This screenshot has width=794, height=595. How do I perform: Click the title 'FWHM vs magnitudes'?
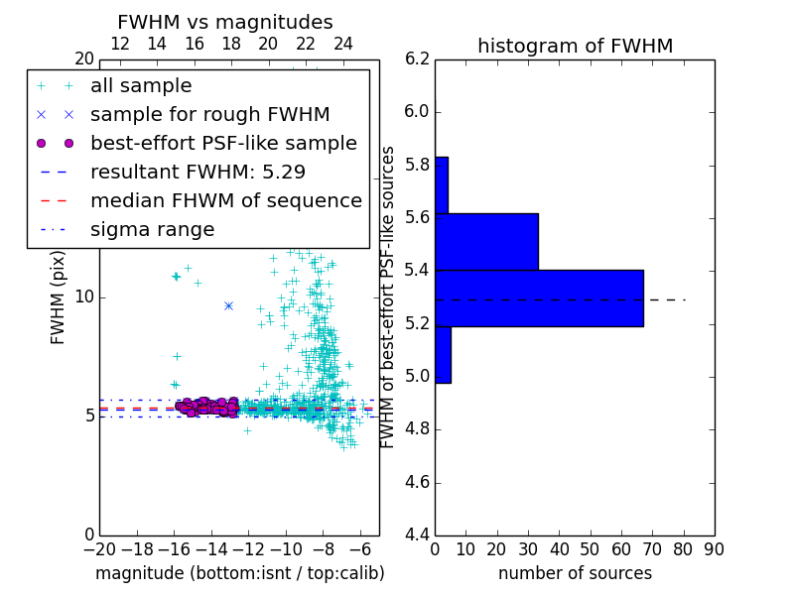point(225,23)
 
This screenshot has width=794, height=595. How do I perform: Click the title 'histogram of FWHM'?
point(575,46)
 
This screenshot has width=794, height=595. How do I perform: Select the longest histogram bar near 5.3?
point(539,297)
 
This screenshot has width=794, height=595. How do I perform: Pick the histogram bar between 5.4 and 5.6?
point(486,241)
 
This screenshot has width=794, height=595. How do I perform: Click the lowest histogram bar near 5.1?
point(443,354)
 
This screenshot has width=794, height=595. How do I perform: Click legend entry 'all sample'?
point(141,86)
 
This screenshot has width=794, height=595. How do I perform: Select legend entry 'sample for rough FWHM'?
point(209,114)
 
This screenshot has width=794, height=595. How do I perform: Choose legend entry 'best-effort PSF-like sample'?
point(223,143)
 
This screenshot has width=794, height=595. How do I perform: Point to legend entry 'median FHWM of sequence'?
point(225,200)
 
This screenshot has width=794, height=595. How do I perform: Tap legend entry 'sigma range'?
point(152,229)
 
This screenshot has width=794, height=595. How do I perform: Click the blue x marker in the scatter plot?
point(228,305)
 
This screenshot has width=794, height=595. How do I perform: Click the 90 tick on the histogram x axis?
point(714,548)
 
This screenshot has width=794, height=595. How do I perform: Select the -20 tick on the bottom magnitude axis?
point(98,548)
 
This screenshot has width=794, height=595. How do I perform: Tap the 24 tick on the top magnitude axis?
point(342,44)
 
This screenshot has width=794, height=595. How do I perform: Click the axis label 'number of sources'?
point(575,573)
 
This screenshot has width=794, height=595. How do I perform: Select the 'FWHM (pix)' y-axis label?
point(59,297)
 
